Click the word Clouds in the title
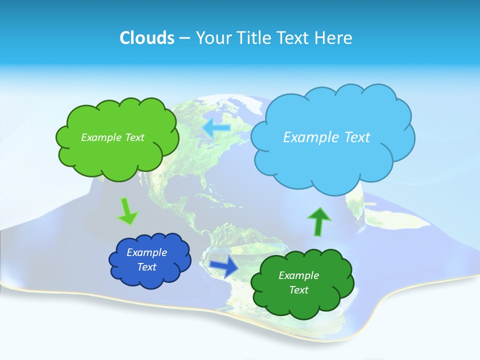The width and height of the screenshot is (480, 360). coord(146,38)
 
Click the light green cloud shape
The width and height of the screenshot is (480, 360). coord(117,155)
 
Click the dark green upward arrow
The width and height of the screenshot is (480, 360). coord(318,221)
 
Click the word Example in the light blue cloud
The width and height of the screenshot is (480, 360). coord(308,137)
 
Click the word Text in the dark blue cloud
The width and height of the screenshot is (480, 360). coord(147,267)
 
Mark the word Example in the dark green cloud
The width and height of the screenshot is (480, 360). coord(298,275)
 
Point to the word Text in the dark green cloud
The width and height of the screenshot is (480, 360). coord(298,290)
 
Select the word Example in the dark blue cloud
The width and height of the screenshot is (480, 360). coord(147,252)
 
